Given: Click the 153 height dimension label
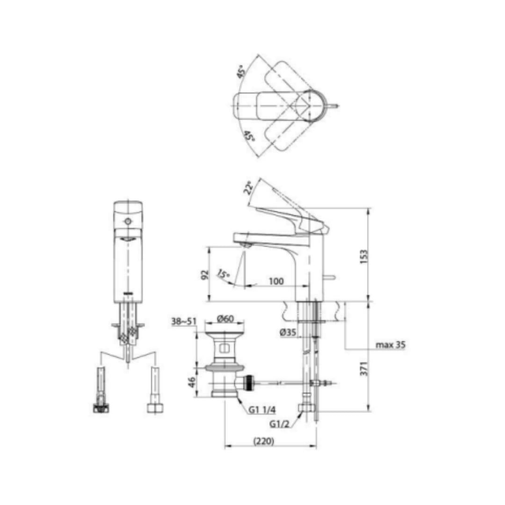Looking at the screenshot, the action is pyautogui.click(x=364, y=256).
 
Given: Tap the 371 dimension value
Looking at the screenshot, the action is pyautogui.click(x=364, y=368).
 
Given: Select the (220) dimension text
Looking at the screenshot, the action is pyautogui.click(x=264, y=440).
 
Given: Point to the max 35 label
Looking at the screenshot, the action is pyautogui.click(x=390, y=345).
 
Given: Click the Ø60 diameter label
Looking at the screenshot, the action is pyautogui.click(x=225, y=319).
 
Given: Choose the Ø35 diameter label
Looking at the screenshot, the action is pyautogui.click(x=288, y=332).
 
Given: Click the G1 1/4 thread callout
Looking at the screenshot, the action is pyautogui.click(x=262, y=410).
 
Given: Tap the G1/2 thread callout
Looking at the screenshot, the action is pyautogui.click(x=279, y=424).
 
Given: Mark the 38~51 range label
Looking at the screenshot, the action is pyautogui.click(x=184, y=321).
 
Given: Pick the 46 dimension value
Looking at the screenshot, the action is pyautogui.click(x=192, y=382).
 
